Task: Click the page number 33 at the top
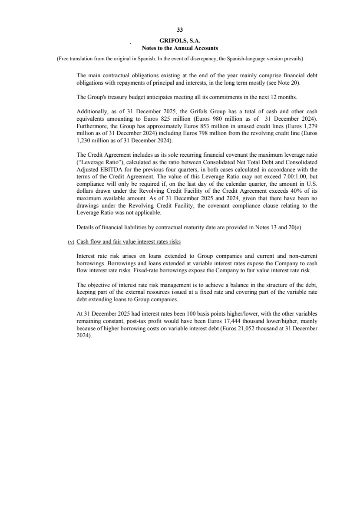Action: coord(180,30)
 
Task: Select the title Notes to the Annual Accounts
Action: coord(180,48)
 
